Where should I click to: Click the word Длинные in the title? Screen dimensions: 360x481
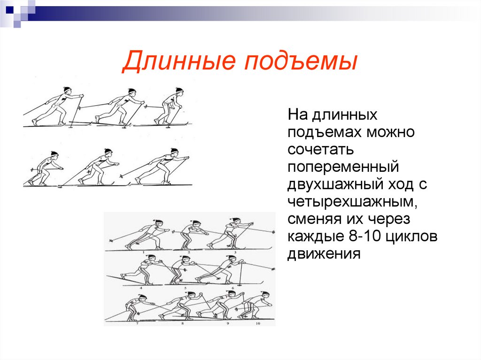(x=178, y=63)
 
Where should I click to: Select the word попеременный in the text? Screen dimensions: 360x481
(x=343, y=167)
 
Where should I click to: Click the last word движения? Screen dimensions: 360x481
(x=324, y=254)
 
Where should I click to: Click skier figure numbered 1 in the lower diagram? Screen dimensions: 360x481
(x=147, y=235)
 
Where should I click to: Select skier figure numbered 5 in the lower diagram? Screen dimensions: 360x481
(x=180, y=270)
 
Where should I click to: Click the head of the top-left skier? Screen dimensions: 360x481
(x=67, y=90)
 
